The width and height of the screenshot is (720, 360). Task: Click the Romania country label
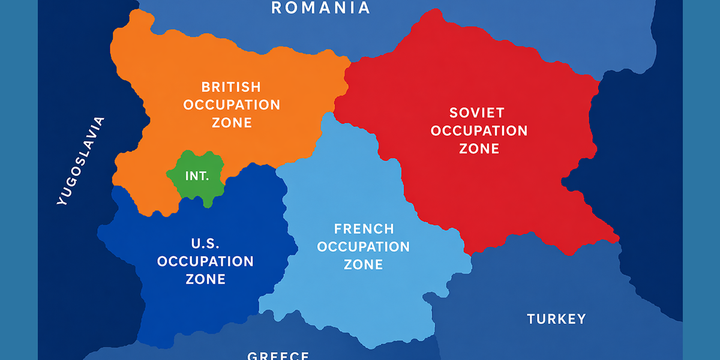[x=320, y=8]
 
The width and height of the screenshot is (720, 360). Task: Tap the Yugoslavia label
[x=80, y=161]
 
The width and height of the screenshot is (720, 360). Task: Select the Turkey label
[x=556, y=319]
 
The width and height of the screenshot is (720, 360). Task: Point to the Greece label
[x=278, y=355]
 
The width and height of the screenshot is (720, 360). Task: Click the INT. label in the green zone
[x=197, y=176]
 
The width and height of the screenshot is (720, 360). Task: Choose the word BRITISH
[x=231, y=87]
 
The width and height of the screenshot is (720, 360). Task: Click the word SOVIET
[x=476, y=112]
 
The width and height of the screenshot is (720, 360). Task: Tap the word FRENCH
[x=364, y=229]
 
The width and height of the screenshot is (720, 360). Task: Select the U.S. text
[x=205, y=244]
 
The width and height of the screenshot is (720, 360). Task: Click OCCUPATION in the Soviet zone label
[x=479, y=130]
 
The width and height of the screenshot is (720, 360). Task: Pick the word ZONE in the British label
[x=232, y=122]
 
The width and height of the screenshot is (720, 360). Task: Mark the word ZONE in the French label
[x=364, y=265]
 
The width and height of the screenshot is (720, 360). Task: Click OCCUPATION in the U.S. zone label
[x=205, y=262]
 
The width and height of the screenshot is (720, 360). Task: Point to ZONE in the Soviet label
[x=479, y=148]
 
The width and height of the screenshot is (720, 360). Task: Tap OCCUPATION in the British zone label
[x=232, y=105]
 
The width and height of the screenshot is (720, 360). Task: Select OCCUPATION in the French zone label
[x=364, y=247]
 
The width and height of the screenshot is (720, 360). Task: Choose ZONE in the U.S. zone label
[x=205, y=279]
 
